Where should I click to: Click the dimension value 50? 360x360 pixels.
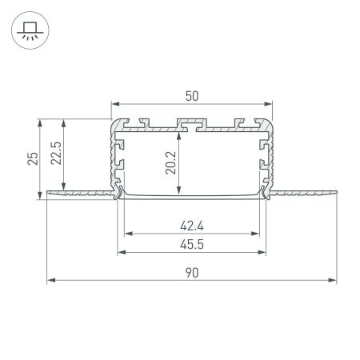191,95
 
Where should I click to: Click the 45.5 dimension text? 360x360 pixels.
192,245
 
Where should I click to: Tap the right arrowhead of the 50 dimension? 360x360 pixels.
268,105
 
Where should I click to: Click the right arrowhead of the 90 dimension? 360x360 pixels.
333,280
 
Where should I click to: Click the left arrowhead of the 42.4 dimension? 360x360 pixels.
126,234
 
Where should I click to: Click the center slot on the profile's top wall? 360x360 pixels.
191,125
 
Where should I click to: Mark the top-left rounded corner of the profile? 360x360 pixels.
114,122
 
